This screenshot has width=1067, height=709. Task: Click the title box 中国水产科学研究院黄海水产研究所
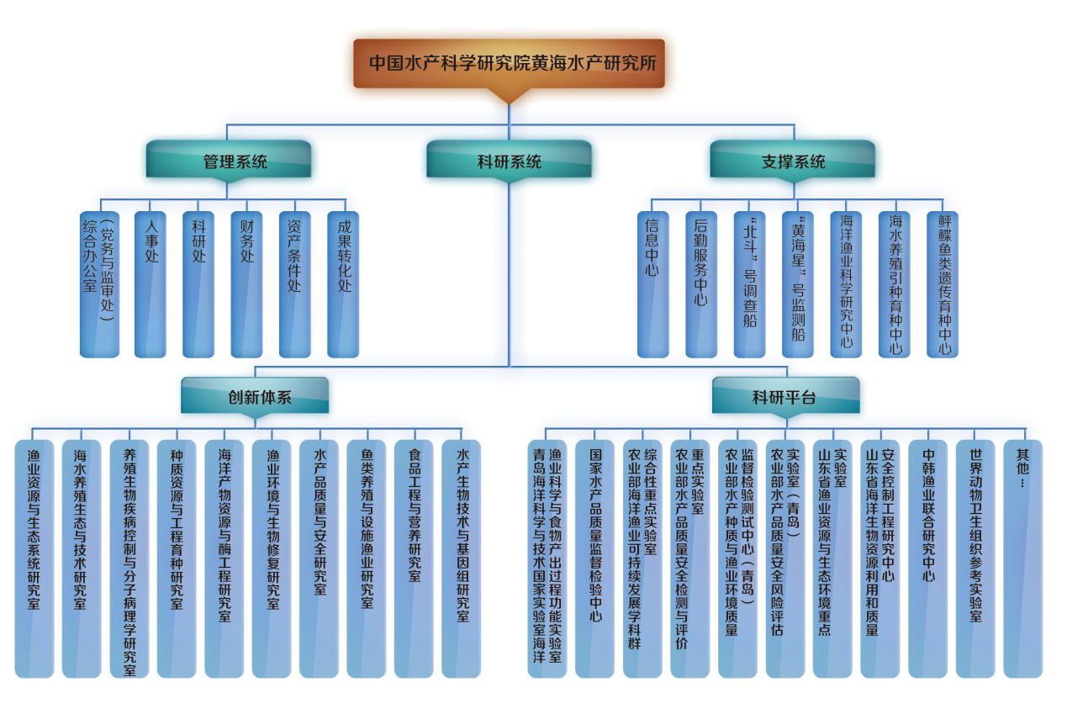tap(509, 63)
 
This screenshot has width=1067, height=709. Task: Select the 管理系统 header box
tap(228, 160)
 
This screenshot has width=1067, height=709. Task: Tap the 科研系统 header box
tap(509, 160)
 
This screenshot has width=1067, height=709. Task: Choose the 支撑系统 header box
tap(792, 160)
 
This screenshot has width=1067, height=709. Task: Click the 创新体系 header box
tap(255, 396)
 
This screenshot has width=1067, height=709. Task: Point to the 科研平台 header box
tap(785, 396)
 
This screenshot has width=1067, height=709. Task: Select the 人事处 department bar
tap(151, 284)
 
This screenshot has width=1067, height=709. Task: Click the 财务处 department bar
tap(246, 284)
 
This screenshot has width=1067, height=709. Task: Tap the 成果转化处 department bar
tap(343, 284)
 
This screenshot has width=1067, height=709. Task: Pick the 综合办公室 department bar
tap(99, 284)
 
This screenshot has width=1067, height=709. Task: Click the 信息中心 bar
tap(653, 284)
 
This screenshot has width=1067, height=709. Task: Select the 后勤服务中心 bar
tap(701, 284)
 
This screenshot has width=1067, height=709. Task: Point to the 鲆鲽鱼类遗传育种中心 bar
tap(943, 284)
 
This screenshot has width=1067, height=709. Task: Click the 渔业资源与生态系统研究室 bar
tap(34, 558)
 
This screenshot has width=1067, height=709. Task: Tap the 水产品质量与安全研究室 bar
tap(320, 558)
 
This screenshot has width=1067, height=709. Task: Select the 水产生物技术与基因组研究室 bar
tap(462, 558)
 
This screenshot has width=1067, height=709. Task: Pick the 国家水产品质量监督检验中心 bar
tap(594, 558)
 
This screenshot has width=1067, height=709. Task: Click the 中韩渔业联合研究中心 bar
tap(927, 558)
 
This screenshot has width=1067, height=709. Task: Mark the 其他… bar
tap(1022, 558)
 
